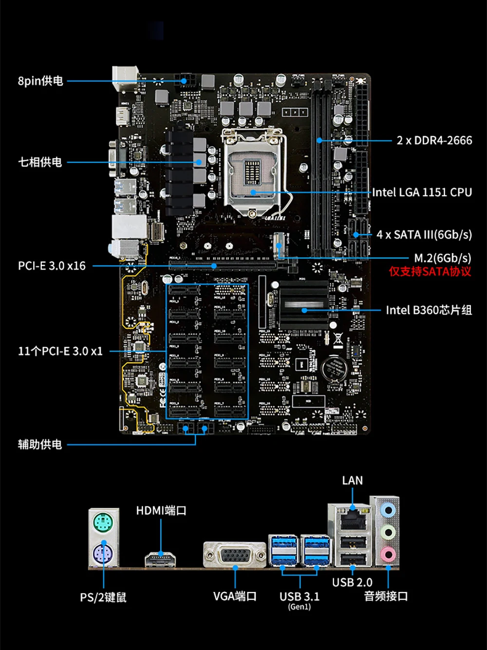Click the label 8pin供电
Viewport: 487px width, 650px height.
pyautogui.click(x=40, y=81)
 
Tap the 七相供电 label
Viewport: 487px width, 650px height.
pyautogui.click(x=40, y=162)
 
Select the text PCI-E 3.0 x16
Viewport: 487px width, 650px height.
pyautogui.click(x=52, y=266)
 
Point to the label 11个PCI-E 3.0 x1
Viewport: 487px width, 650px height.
pyautogui.click(x=60, y=351)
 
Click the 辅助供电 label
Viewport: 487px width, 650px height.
pyautogui.click(x=40, y=444)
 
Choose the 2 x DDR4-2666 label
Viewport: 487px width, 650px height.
pyautogui.click(x=434, y=140)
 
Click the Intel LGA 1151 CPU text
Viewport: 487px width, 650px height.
pyautogui.click(x=422, y=192)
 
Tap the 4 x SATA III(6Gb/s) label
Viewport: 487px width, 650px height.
pyautogui.click(x=424, y=235)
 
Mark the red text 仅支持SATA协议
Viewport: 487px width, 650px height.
pyautogui.click(x=430, y=272)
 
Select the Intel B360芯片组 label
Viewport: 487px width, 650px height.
pyautogui.click(x=429, y=310)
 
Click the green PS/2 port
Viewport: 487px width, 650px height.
pyautogui.click(x=103, y=525)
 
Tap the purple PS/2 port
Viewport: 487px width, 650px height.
pyautogui.click(x=103, y=553)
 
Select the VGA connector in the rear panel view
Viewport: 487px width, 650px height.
pyautogui.click(x=235, y=555)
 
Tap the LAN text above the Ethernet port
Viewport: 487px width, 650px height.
pyautogui.click(x=352, y=481)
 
